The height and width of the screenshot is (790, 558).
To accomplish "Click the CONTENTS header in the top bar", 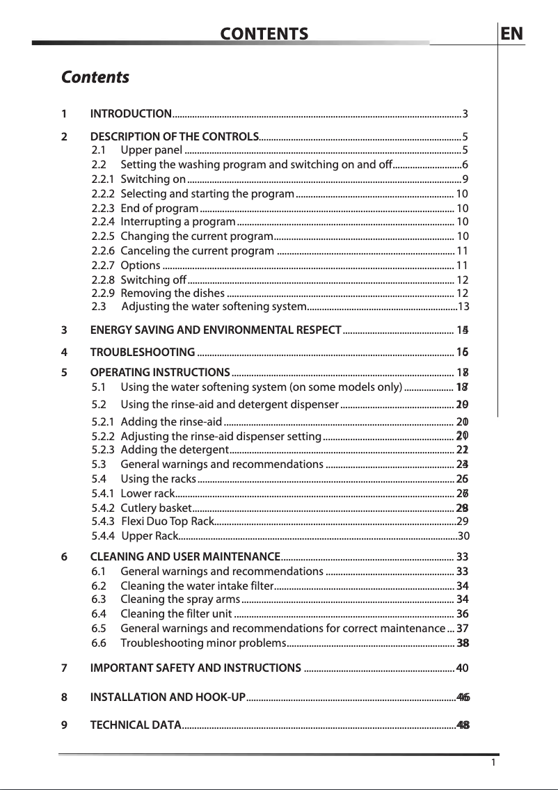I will coord(264,34).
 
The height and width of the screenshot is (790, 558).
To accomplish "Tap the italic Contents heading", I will coord(95,76).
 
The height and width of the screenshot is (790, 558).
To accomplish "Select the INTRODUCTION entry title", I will coord(131,114).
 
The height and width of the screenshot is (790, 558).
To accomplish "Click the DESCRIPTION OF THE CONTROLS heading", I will coord(175,136).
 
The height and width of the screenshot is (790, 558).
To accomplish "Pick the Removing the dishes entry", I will coord(171,293).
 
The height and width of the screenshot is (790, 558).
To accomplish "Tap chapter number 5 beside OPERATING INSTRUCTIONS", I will coord(64,372).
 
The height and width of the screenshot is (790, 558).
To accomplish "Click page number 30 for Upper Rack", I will coord(463,535).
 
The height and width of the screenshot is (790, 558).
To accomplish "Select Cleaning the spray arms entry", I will coord(180,599).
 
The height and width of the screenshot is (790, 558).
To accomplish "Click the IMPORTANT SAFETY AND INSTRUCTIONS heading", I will coord(196,669).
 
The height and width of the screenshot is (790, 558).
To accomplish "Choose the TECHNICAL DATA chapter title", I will coord(135,726).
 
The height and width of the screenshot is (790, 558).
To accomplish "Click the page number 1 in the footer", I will coord(493,763).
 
